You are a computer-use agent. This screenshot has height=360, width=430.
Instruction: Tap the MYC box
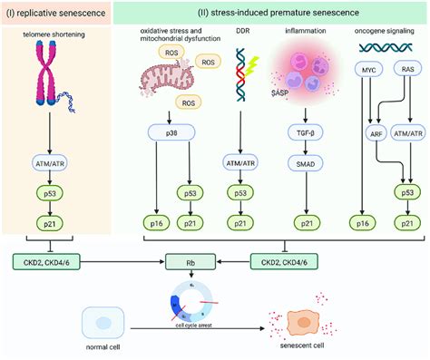tap(368, 93)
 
